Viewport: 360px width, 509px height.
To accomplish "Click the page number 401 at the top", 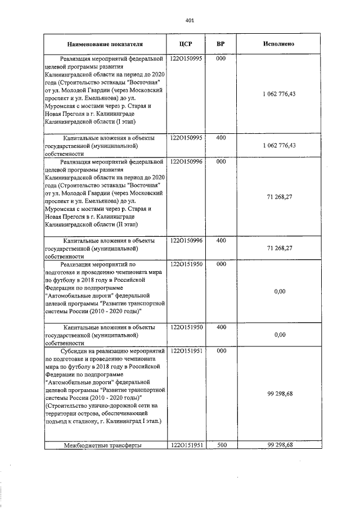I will (x=189, y=21).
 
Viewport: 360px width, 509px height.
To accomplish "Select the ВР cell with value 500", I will (x=221, y=445).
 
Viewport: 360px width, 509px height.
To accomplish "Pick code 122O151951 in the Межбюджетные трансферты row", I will (x=186, y=445).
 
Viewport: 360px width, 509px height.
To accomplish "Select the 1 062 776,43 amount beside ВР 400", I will (x=279, y=145).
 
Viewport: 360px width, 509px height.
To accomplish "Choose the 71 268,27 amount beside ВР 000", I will (x=279, y=197).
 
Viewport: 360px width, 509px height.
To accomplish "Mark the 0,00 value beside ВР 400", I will (x=280, y=334).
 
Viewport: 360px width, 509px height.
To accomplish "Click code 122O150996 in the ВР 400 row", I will (x=186, y=240).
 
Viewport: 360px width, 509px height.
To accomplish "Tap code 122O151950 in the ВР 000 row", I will (x=186, y=264).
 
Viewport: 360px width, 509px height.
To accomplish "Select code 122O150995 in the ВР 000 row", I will (x=186, y=58).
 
